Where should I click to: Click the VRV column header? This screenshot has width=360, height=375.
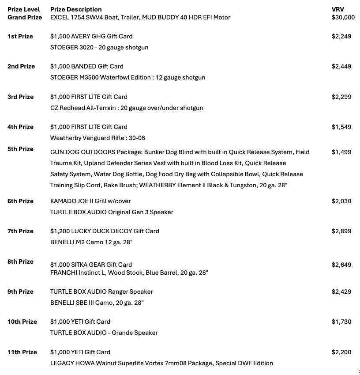click(x=337, y=9)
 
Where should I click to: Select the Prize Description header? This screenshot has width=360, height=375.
click(x=76, y=9)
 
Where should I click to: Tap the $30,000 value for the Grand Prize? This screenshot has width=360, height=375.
click(x=343, y=17)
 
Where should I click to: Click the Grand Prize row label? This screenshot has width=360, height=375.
click(x=25, y=17)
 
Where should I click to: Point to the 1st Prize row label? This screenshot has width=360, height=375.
click(x=20, y=36)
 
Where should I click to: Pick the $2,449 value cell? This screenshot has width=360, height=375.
click(x=341, y=66)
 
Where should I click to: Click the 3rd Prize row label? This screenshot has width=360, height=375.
click(x=20, y=97)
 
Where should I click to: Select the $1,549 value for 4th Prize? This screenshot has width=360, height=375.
click(x=341, y=127)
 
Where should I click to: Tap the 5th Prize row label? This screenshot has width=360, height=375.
click(x=20, y=149)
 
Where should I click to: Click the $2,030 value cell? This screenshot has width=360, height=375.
click(x=341, y=201)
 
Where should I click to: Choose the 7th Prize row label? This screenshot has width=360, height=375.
click(x=20, y=231)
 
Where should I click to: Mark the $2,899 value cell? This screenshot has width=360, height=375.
click(x=341, y=231)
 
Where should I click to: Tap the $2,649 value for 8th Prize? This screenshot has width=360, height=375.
click(x=341, y=265)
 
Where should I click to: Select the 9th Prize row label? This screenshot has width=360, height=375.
click(x=20, y=292)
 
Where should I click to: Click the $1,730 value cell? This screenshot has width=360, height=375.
click(x=341, y=322)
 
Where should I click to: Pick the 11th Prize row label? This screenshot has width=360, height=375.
click(x=22, y=352)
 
